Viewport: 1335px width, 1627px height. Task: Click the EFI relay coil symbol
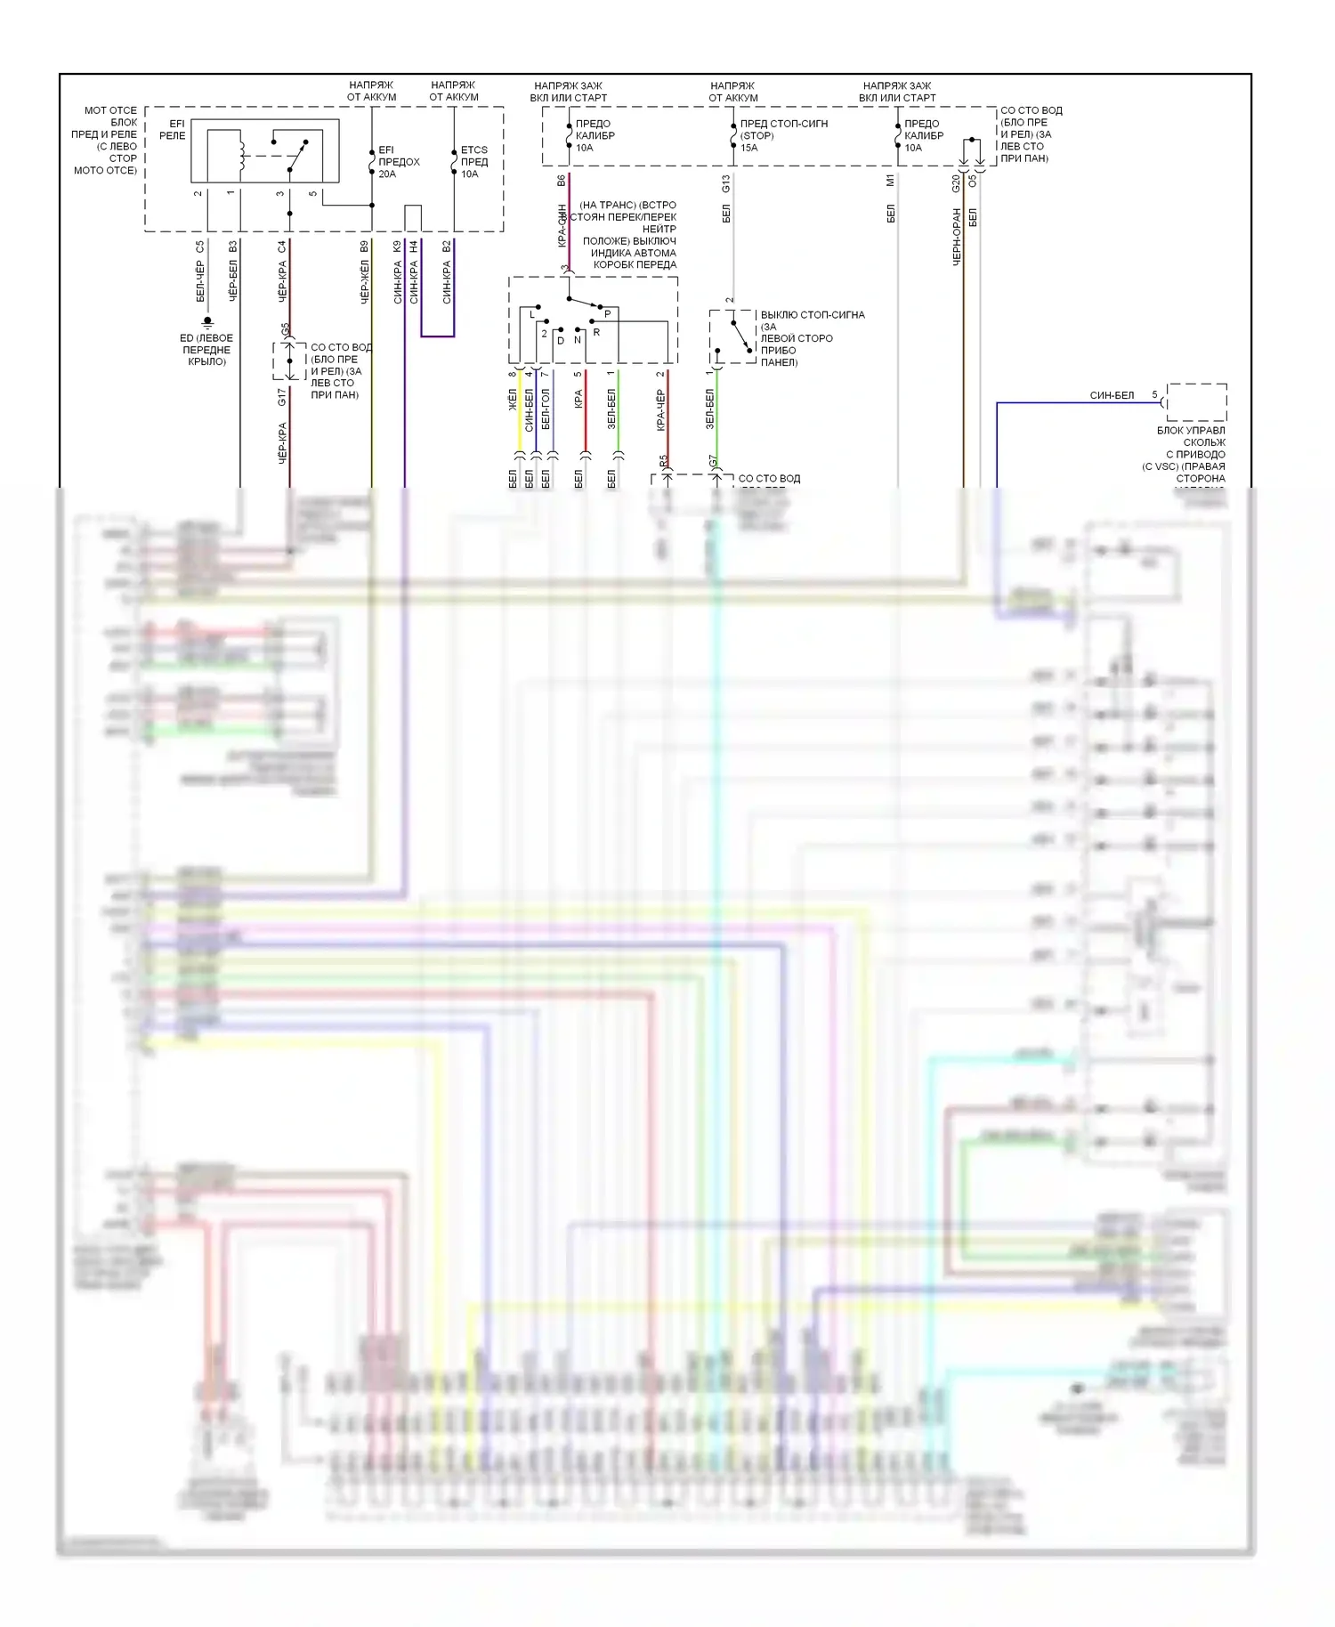pyautogui.click(x=239, y=152)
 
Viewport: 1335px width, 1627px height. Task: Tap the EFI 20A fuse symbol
pyautogui.click(x=372, y=161)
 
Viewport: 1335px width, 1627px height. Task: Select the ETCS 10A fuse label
pyautogui.click(x=473, y=162)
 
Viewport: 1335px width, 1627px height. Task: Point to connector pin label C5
pyautogui.click(x=200, y=247)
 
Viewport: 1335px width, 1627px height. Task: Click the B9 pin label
pyautogui.click(x=364, y=247)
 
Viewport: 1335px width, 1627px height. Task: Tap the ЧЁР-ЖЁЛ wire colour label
pyautogui.click(x=364, y=282)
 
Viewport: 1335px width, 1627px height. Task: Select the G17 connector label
pyautogui.click(x=282, y=397)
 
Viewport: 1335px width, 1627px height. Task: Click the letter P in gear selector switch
pyautogui.click(x=608, y=314)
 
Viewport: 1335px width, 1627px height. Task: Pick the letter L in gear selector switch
pyautogui.click(x=532, y=314)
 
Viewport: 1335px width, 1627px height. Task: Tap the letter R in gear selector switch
pyautogui.click(x=596, y=332)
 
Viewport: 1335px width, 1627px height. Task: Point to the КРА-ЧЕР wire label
pyautogui.click(x=660, y=410)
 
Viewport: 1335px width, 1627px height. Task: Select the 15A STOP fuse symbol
pyautogui.click(x=733, y=136)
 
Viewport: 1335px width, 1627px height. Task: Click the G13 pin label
pyautogui.click(x=726, y=184)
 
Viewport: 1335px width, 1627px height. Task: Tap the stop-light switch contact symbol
pyautogui.click(x=739, y=336)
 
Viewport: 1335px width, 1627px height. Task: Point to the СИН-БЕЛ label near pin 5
pyautogui.click(x=1112, y=395)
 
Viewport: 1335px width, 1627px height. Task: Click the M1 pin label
pyautogui.click(x=891, y=181)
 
